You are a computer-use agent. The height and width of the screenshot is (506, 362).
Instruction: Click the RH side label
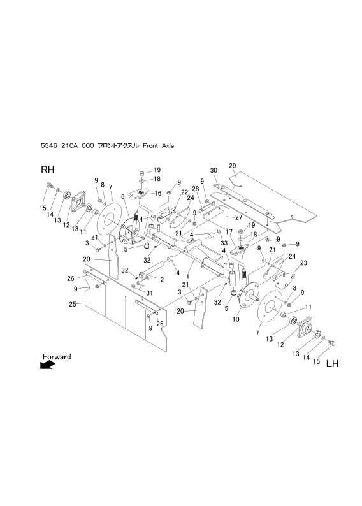(x=48, y=171)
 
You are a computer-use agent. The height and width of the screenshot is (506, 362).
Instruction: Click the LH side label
(x=331, y=365)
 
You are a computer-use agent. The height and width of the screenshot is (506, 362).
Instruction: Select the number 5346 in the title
(x=50, y=146)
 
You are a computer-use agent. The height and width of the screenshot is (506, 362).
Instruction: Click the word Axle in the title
(x=166, y=146)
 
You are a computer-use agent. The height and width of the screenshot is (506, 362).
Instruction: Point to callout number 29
(x=233, y=165)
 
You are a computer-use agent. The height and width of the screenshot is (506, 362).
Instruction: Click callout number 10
(x=235, y=319)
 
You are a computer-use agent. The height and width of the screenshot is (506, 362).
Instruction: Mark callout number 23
(x=304, y=263)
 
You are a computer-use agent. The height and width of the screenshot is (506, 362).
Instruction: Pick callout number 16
(x=157, y=192)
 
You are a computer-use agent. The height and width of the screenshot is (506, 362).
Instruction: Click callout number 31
(x=151, y=293)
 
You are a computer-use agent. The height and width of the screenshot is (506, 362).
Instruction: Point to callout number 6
(x=122, y=196)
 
